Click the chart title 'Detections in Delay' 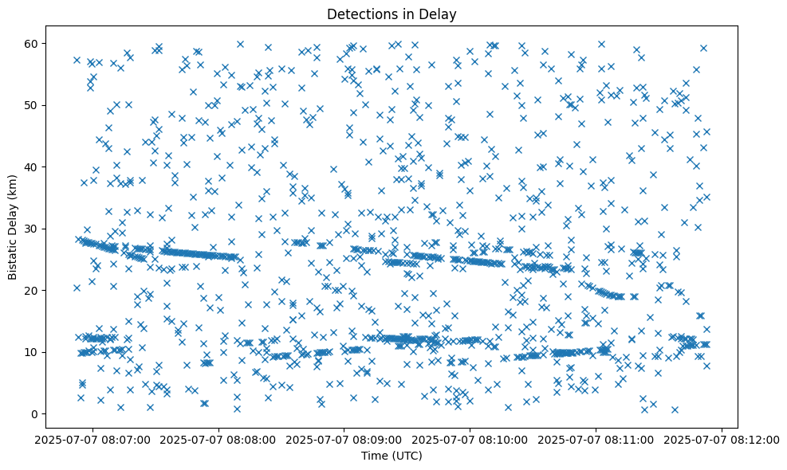(391, 14)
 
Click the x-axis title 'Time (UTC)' (391, 456)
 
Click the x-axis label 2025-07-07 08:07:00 (92, 439)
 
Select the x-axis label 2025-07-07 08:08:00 (218, 439)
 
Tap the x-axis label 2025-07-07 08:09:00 (344, 439)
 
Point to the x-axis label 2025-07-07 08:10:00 (470, 439)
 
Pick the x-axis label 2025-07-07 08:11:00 (596, 439)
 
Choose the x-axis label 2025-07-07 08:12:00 (722, 439)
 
